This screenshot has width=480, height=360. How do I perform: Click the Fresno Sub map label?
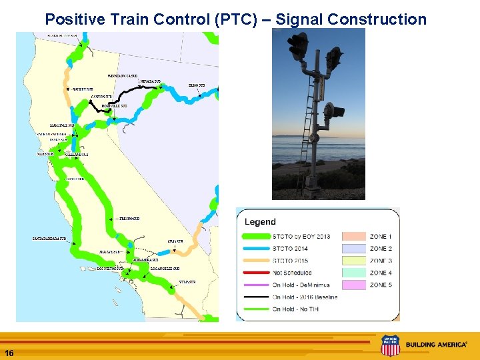[x=129, y=219]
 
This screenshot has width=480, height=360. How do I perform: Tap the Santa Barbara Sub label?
[x=49, y=239]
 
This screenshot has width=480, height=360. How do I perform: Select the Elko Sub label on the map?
[x=197, y=85]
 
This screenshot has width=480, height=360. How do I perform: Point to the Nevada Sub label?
[x=150, y=81]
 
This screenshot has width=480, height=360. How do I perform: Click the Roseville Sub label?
[x=110, y=106]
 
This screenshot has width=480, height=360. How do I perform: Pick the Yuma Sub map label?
[x=187, y=282]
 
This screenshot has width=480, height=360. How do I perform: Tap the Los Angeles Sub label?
[x=165, y=268]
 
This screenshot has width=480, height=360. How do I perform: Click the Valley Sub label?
[x=82, y=89]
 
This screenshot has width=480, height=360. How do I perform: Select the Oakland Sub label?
[x=77, y=154]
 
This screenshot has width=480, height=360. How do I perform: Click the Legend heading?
[x=260, y=222]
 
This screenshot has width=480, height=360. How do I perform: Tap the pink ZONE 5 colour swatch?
[x=354, y=285]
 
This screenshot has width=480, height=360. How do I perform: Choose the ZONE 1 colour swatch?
[x=354, y=237]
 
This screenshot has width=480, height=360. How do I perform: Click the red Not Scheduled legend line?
[x=256, y=273]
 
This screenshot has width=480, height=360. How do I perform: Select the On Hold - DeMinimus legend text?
[x=301, y=285]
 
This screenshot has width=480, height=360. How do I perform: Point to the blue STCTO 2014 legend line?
[x=256, y=249]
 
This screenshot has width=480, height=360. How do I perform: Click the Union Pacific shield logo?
[x=390, y=345]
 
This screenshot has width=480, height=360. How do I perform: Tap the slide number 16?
[x=9, y=352]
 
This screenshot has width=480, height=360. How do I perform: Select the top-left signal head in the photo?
[x=297, y=45]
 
